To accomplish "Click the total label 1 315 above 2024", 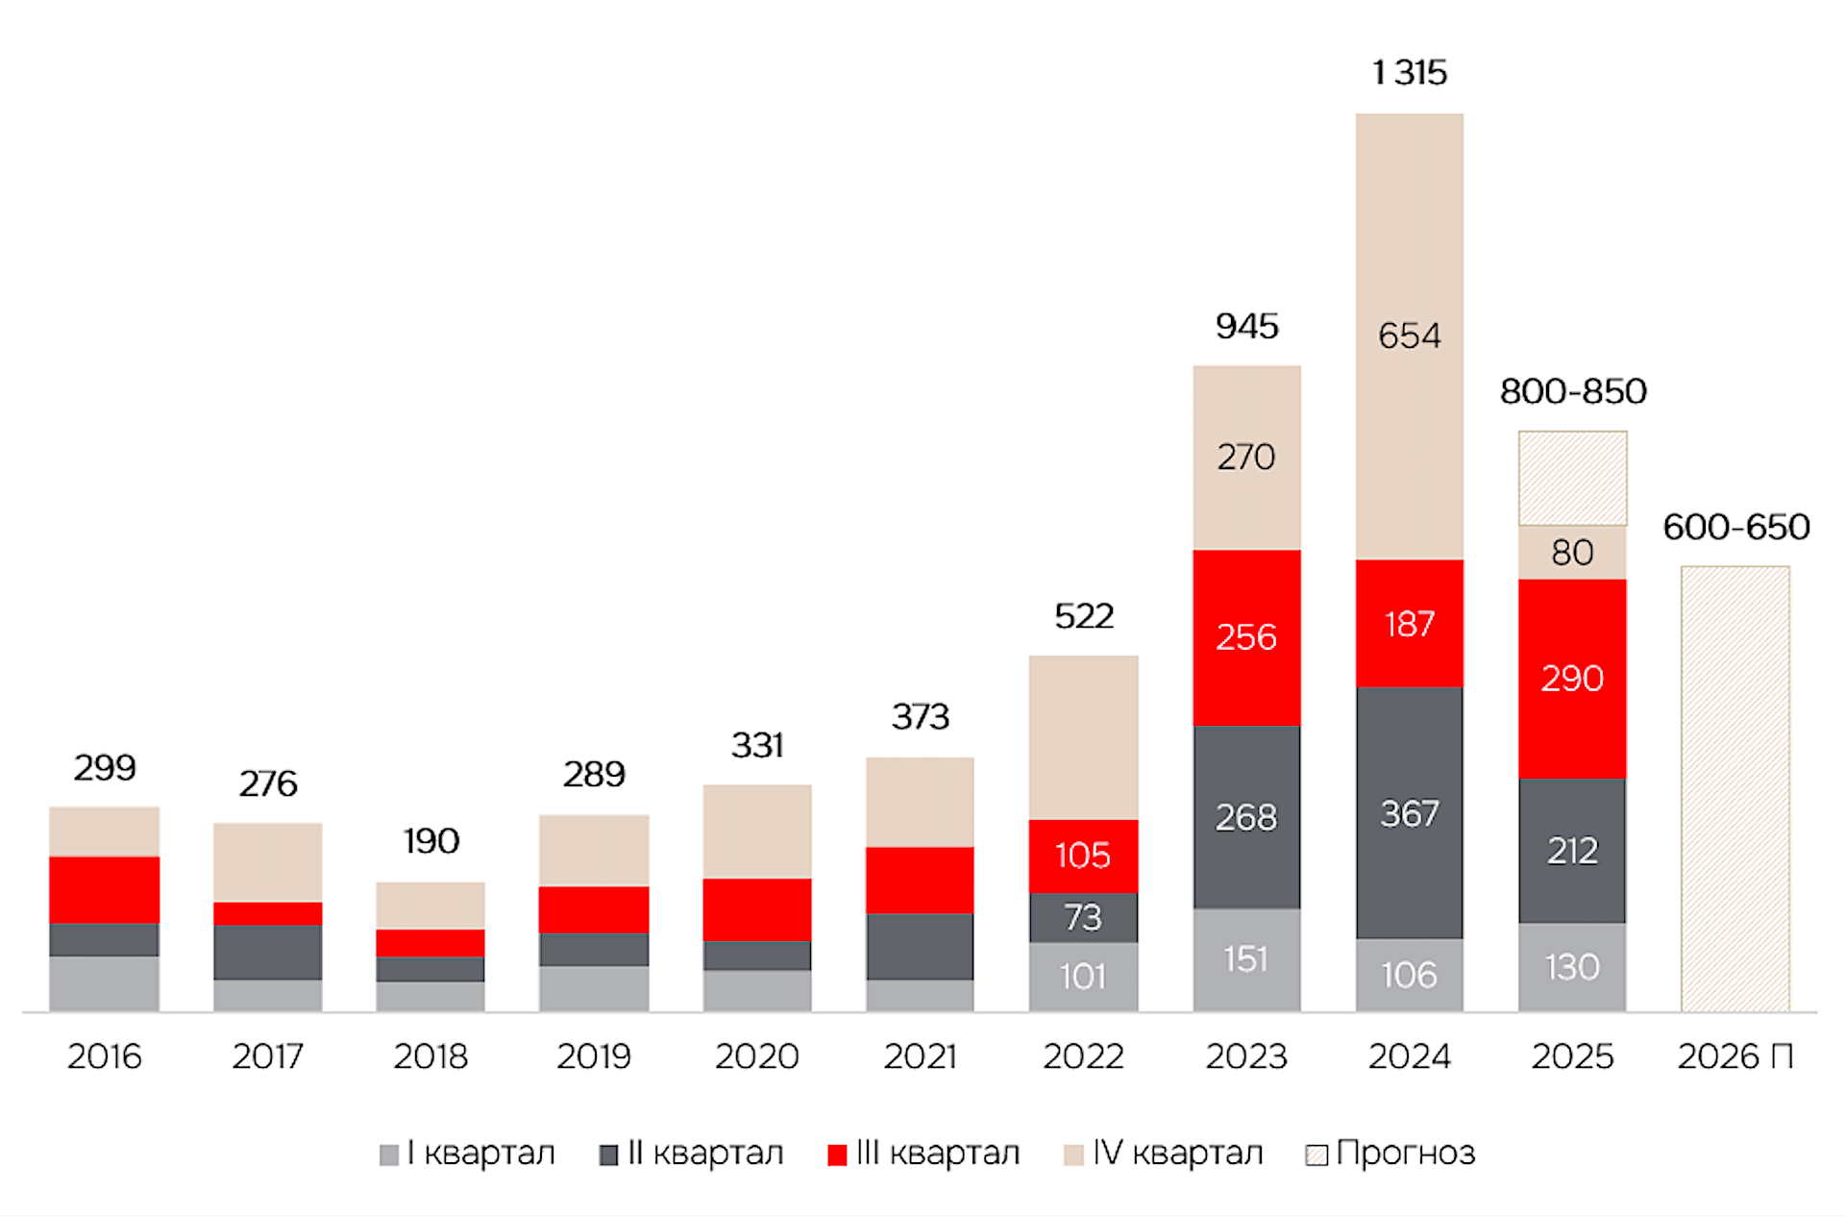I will (x=1409, y=73).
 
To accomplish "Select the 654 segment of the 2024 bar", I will (x=1409, y=335).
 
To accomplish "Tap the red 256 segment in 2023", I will (x=1246, y=637).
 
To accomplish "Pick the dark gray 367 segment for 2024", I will (x=1409, y=813).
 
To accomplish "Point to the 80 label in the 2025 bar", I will (x=1572, y=553).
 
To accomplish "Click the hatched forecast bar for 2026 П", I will (x=1734, y=788).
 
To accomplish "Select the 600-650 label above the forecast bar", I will (x=1735, y=527).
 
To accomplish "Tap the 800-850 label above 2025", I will (x=1573, y=391).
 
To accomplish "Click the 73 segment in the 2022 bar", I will (x=1083, y=917).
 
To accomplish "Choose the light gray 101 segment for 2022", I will (x=1083, y=977).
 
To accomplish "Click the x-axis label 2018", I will (x=430, y=1056).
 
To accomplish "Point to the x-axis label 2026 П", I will (x=1734, y=1056).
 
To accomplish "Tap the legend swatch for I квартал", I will (x=389, y=1155).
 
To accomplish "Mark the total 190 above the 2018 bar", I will (x=430, y=841).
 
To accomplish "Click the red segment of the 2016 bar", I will (x=104, y=889).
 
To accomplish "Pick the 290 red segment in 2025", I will (x=1572, y=679).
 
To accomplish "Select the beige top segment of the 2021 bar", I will (x=920, y=802).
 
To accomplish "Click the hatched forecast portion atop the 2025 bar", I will (x=1572, y=478).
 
